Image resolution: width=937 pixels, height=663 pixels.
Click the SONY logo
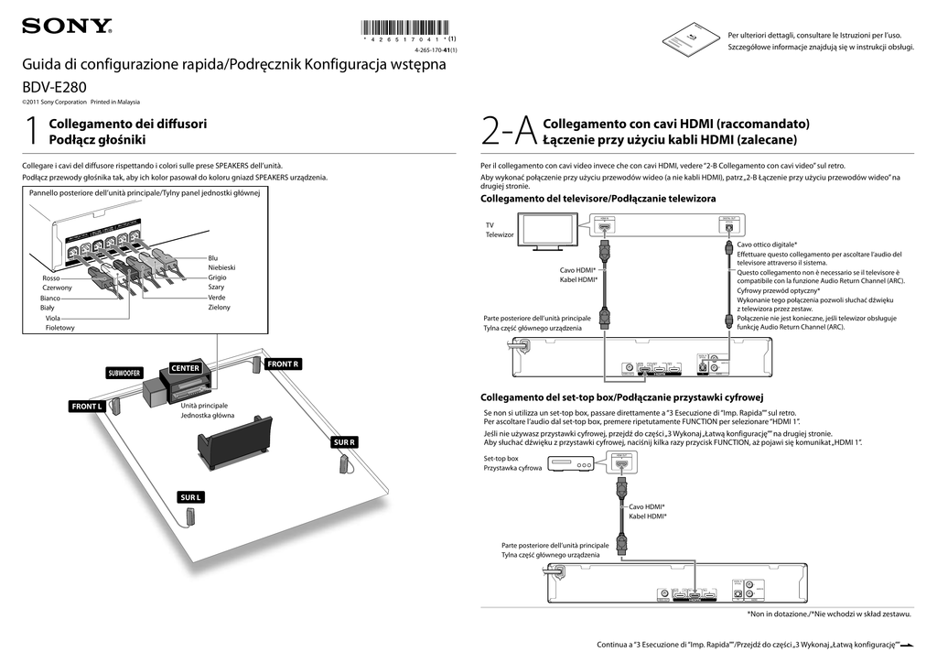click(x=67, y=26)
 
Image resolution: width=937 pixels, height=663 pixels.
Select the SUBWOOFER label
click(x=124, y=373)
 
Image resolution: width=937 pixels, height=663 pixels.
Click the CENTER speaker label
click(x=185, y=368)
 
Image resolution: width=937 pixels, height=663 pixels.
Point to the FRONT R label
click(x=282, y=364)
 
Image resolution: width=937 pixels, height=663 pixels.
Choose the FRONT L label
click(x=88, y=406)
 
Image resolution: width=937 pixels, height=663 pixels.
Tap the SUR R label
click(x=344, y=442)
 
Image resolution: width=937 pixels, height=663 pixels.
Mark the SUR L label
click(x=190, y=497)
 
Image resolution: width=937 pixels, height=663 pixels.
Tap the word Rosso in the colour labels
click(x=51, y=277)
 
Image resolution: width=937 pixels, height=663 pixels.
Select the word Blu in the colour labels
click(x=213, y=258)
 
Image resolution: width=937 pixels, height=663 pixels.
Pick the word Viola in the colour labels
click(x=53, y=318)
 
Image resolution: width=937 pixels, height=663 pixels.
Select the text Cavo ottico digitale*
click(x=767, y=245)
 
